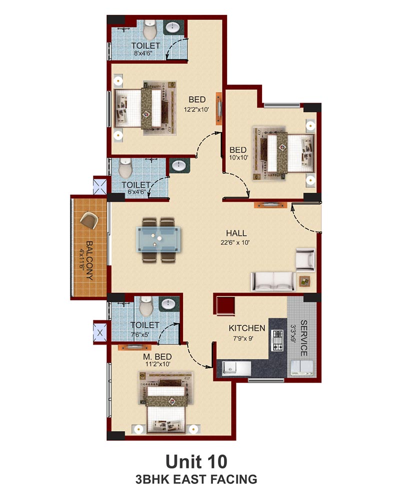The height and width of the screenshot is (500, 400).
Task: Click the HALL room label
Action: click(x=236, y=233)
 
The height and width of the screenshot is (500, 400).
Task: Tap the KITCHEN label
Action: click(x=247, y=328)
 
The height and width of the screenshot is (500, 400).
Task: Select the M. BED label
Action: click(x=157, y=357)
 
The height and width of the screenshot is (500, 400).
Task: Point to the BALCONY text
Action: click(x=89, y=260)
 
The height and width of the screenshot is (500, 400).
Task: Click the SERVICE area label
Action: click(x=303, y=338)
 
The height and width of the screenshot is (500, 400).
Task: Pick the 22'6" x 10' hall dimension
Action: click(x=235, y=242)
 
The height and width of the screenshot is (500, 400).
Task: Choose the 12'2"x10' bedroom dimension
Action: click(x=196, y=109)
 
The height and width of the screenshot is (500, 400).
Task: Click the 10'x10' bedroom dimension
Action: click(x=238, y=157)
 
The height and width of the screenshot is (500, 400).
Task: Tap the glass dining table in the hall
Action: click(x=158, y=239)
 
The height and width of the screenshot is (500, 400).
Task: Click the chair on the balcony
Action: click(x=89, y=220)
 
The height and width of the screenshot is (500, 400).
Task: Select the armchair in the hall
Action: click(x=305, y=258)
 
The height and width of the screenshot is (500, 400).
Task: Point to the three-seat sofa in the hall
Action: click(x=273, y=281)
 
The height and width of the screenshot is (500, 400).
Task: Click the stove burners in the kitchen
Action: click(x=277, y=340)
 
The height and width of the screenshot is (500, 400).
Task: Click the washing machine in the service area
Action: click(x=301, y=367)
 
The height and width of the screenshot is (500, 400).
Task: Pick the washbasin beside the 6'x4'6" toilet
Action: click(x=179, y=165)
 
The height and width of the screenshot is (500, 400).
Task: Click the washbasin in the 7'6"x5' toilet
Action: click(x=168, y=304)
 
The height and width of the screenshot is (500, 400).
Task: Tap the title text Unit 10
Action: click(x=196, y=461)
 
